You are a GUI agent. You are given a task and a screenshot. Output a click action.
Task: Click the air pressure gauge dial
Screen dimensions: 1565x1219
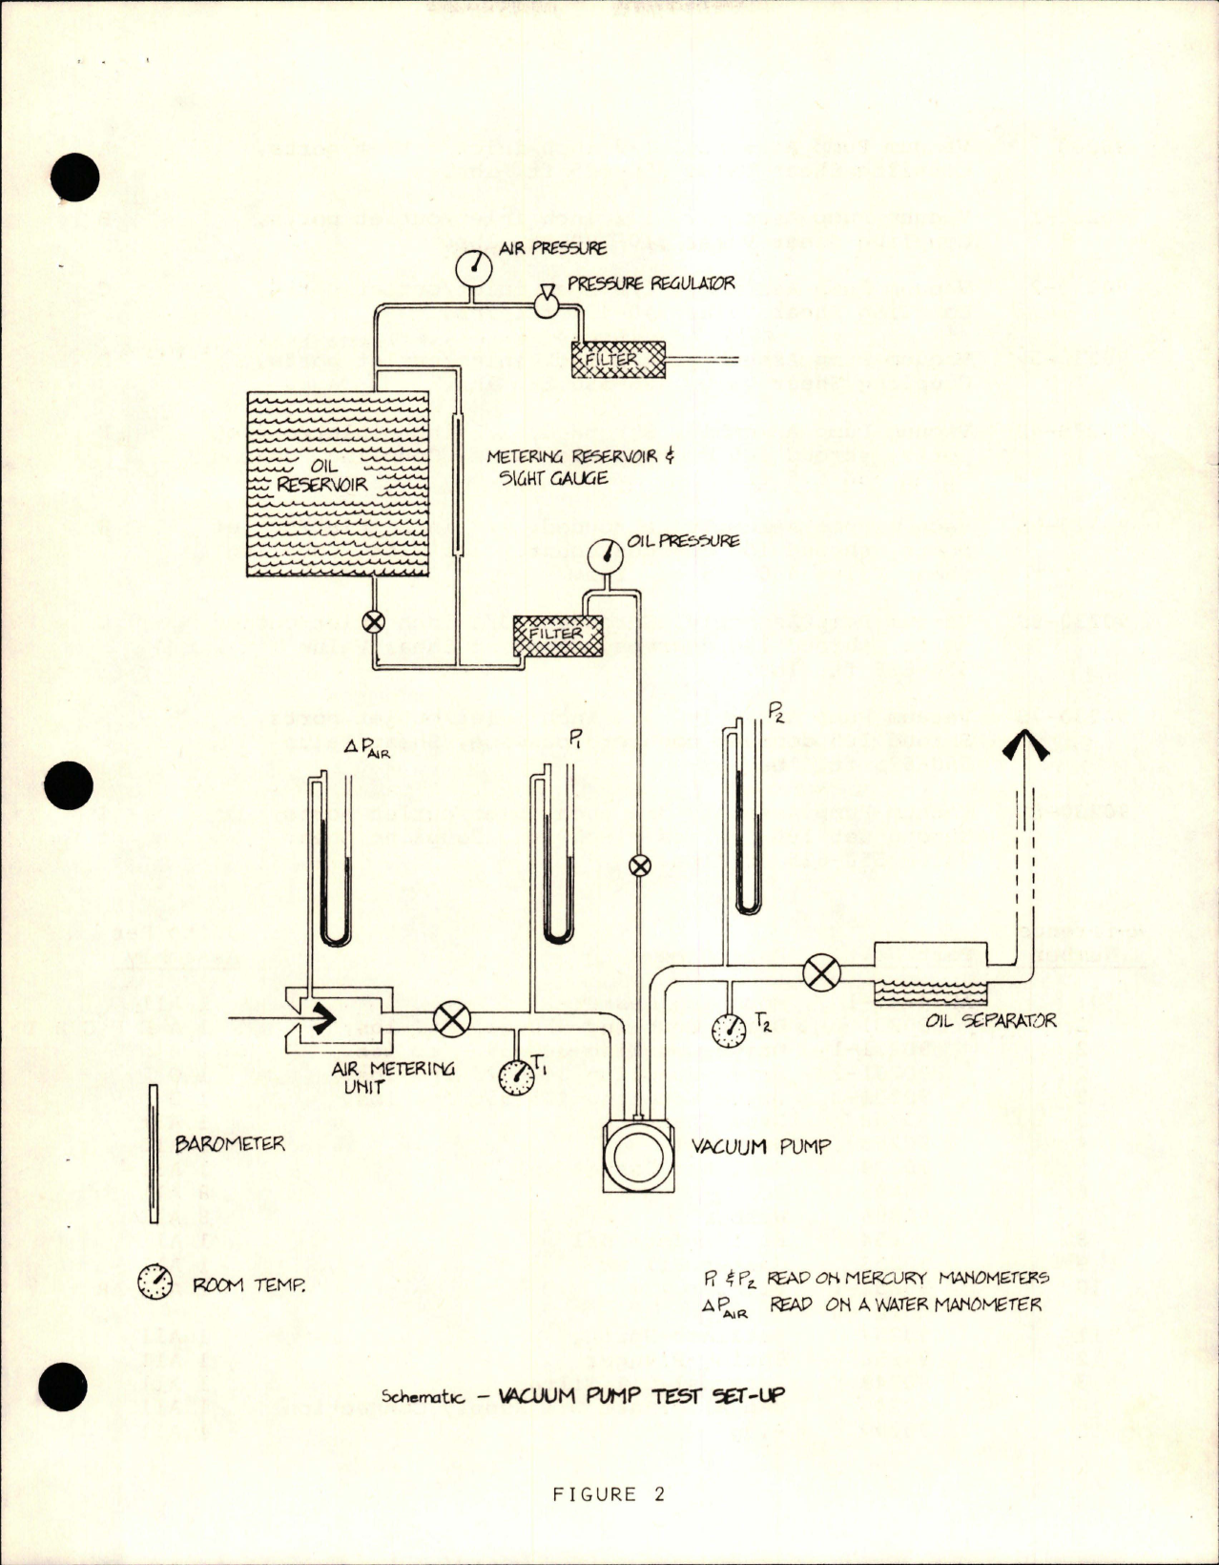[x=474, y=268]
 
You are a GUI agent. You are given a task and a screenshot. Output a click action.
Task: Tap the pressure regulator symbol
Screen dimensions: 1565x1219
[x=547, y=303]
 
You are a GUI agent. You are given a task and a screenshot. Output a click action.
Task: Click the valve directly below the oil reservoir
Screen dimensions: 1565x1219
[x=374, y=622]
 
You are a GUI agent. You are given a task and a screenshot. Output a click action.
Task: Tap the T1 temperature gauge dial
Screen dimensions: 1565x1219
[x=517, y=1076]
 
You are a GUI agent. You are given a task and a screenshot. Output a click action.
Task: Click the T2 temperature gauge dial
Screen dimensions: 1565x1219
[x=730, y=1029]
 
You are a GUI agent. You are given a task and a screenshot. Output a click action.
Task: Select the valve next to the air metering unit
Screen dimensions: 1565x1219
[x=451, y=1019]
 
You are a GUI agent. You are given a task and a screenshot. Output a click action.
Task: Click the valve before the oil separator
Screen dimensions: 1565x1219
[x=819, y=974]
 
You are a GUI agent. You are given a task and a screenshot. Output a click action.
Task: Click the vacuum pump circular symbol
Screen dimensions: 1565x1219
[x=636, y=1158]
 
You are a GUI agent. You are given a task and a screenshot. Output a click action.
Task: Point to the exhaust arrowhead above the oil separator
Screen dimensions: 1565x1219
[x=1024, y=743]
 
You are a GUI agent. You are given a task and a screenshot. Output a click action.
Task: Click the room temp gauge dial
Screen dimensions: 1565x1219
[x=155, y=1282]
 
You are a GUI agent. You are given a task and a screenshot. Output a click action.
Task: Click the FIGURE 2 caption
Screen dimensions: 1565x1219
[x=608, y=1494]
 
